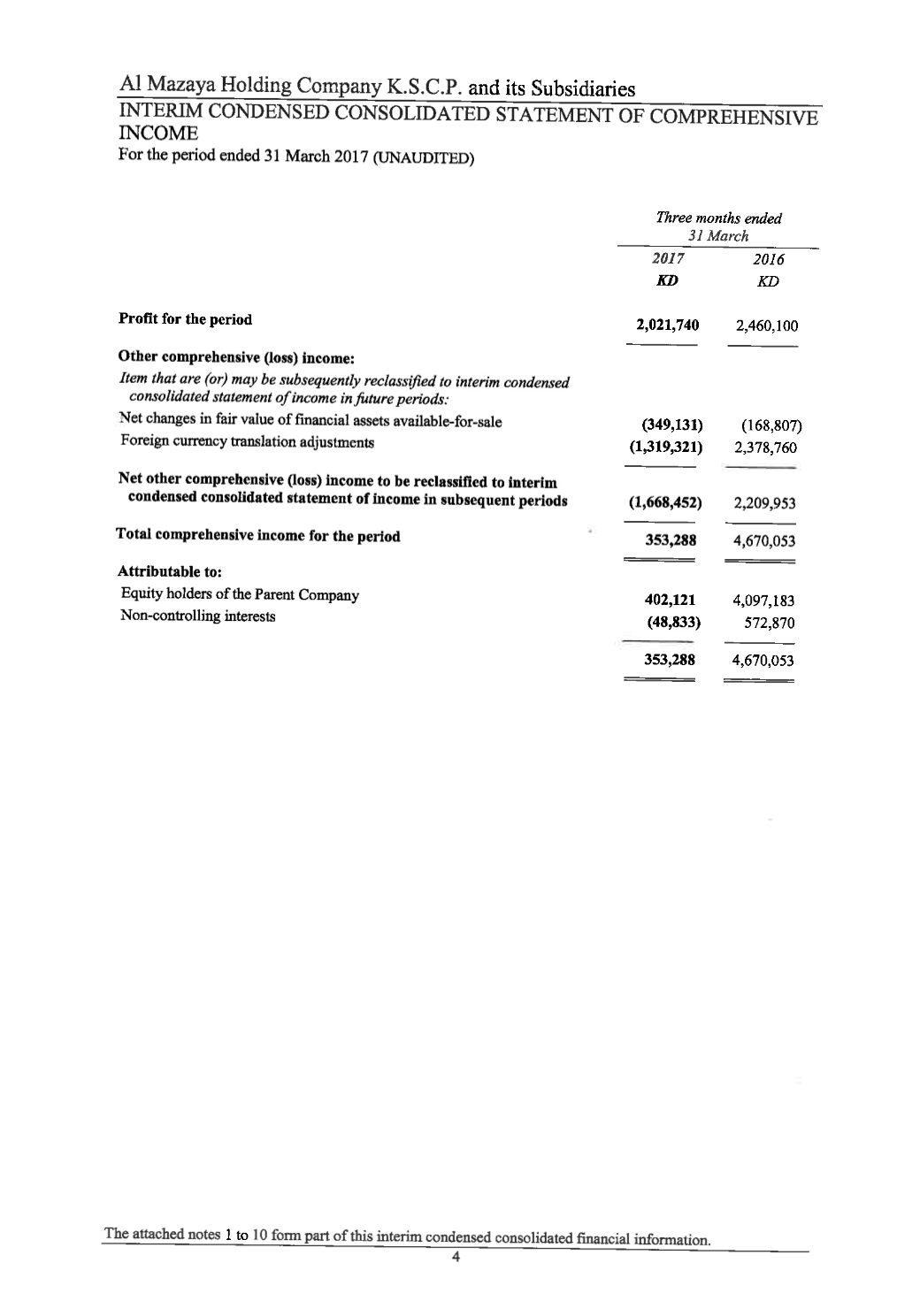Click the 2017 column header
click(x=668, y=258)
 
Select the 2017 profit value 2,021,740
click(x=668, y=325)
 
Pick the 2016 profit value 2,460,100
click(x=766, y=326)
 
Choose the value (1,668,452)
click(x=665, y=502)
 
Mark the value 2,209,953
click(x=766, y=504)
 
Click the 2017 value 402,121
click(x=672, y=601)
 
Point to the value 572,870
click(x=771, y=624)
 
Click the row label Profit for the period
click(x=185, y=319)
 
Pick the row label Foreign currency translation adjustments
click(x=247, y=442)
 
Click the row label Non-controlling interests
click(x=197, y=616)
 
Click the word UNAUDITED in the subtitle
click(x=423, y=159)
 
